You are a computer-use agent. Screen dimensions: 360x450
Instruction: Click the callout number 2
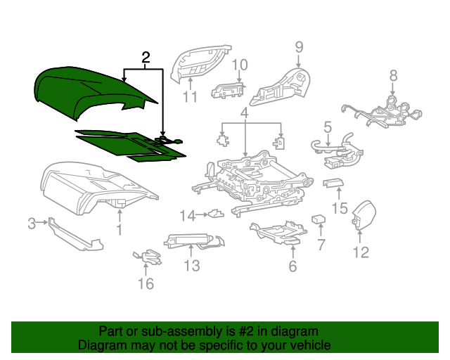146,58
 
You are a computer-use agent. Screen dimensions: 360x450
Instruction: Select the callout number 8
393,75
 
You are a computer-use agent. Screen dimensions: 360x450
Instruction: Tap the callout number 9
299,47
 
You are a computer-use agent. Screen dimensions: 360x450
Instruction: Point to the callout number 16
145,284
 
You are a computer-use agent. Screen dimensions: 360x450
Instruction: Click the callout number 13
192,265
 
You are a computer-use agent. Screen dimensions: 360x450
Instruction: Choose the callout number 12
360,252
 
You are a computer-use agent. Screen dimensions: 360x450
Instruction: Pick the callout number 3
32,224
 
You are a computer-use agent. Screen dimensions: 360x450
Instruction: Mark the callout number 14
186,215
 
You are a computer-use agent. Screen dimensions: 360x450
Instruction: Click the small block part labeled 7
318,220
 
